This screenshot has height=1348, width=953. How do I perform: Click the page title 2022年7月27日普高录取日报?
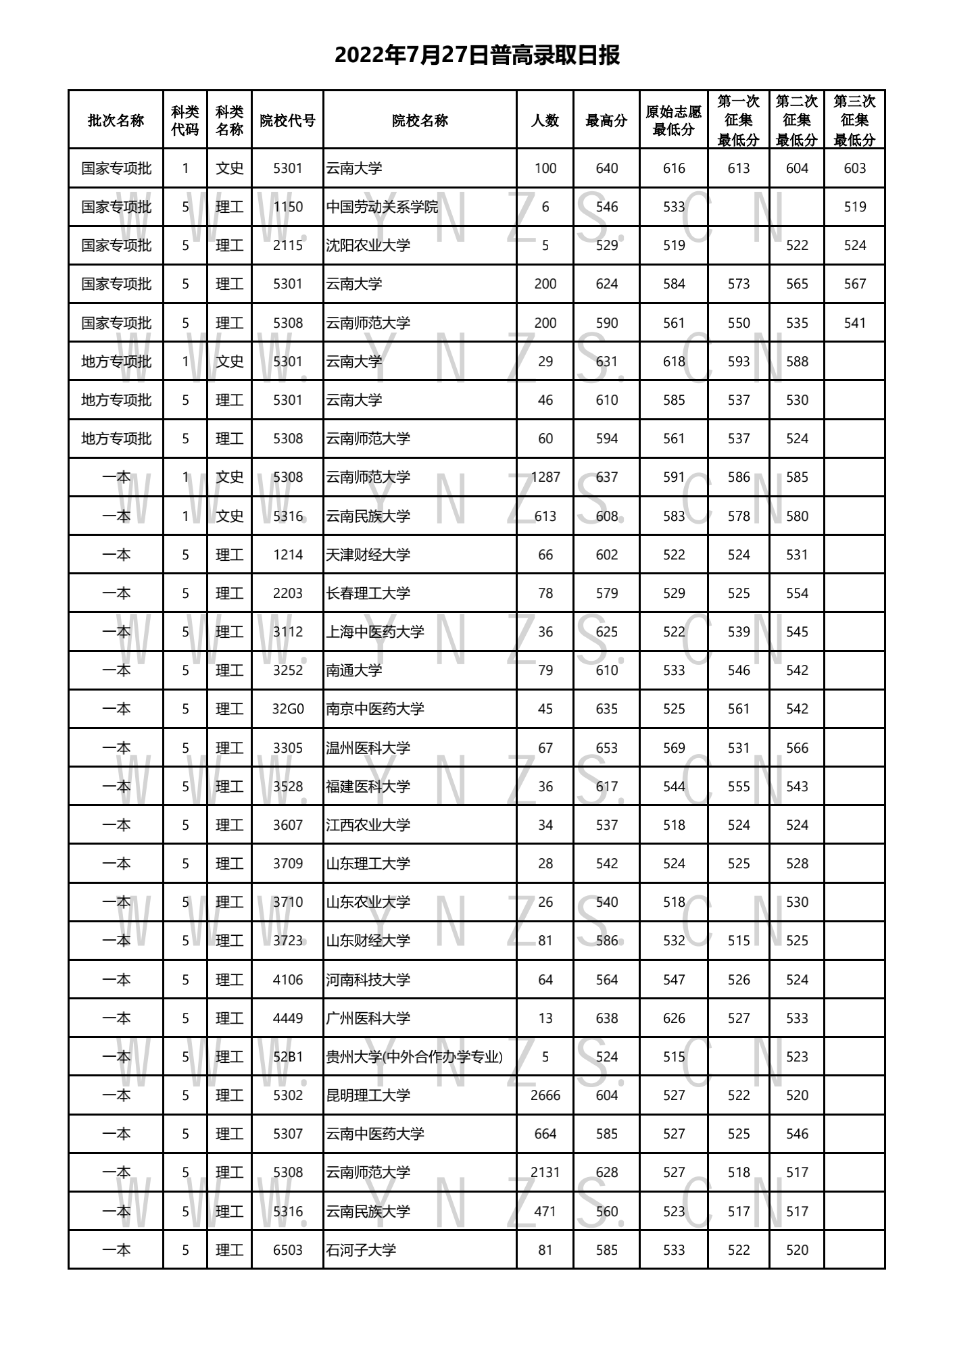click(476, 55)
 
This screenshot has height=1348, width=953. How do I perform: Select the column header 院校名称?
click(420, 121)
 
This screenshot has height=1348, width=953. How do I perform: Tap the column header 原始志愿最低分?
click(673, 120)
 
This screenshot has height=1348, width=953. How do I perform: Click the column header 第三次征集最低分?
click(854, 120)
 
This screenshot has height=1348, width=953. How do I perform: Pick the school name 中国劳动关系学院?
click(382, 207)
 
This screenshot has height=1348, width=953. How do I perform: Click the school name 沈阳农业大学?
click(368, 245)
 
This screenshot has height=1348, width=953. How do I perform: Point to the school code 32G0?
click(288, 709)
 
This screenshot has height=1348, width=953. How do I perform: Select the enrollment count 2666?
click(545, 1095)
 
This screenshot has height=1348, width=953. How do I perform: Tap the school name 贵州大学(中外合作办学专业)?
click(414, 1057)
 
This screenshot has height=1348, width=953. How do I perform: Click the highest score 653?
click(606, 748)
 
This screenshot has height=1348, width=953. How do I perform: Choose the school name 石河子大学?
click(361, 1250)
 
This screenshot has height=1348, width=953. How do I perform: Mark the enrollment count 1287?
click(545, 477)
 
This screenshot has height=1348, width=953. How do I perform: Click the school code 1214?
click(288, 555)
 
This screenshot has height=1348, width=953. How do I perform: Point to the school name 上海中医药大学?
click(375, 632)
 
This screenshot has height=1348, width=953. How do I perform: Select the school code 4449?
click(288, 1018)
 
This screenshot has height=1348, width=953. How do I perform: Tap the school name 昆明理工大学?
click(368, 1095)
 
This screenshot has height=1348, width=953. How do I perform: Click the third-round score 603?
click(854, 168)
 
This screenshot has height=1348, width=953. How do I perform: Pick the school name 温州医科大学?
click(368, 748)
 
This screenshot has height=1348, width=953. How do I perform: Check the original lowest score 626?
click(673, 1018)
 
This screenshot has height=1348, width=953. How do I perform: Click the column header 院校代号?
click(287, 121)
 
